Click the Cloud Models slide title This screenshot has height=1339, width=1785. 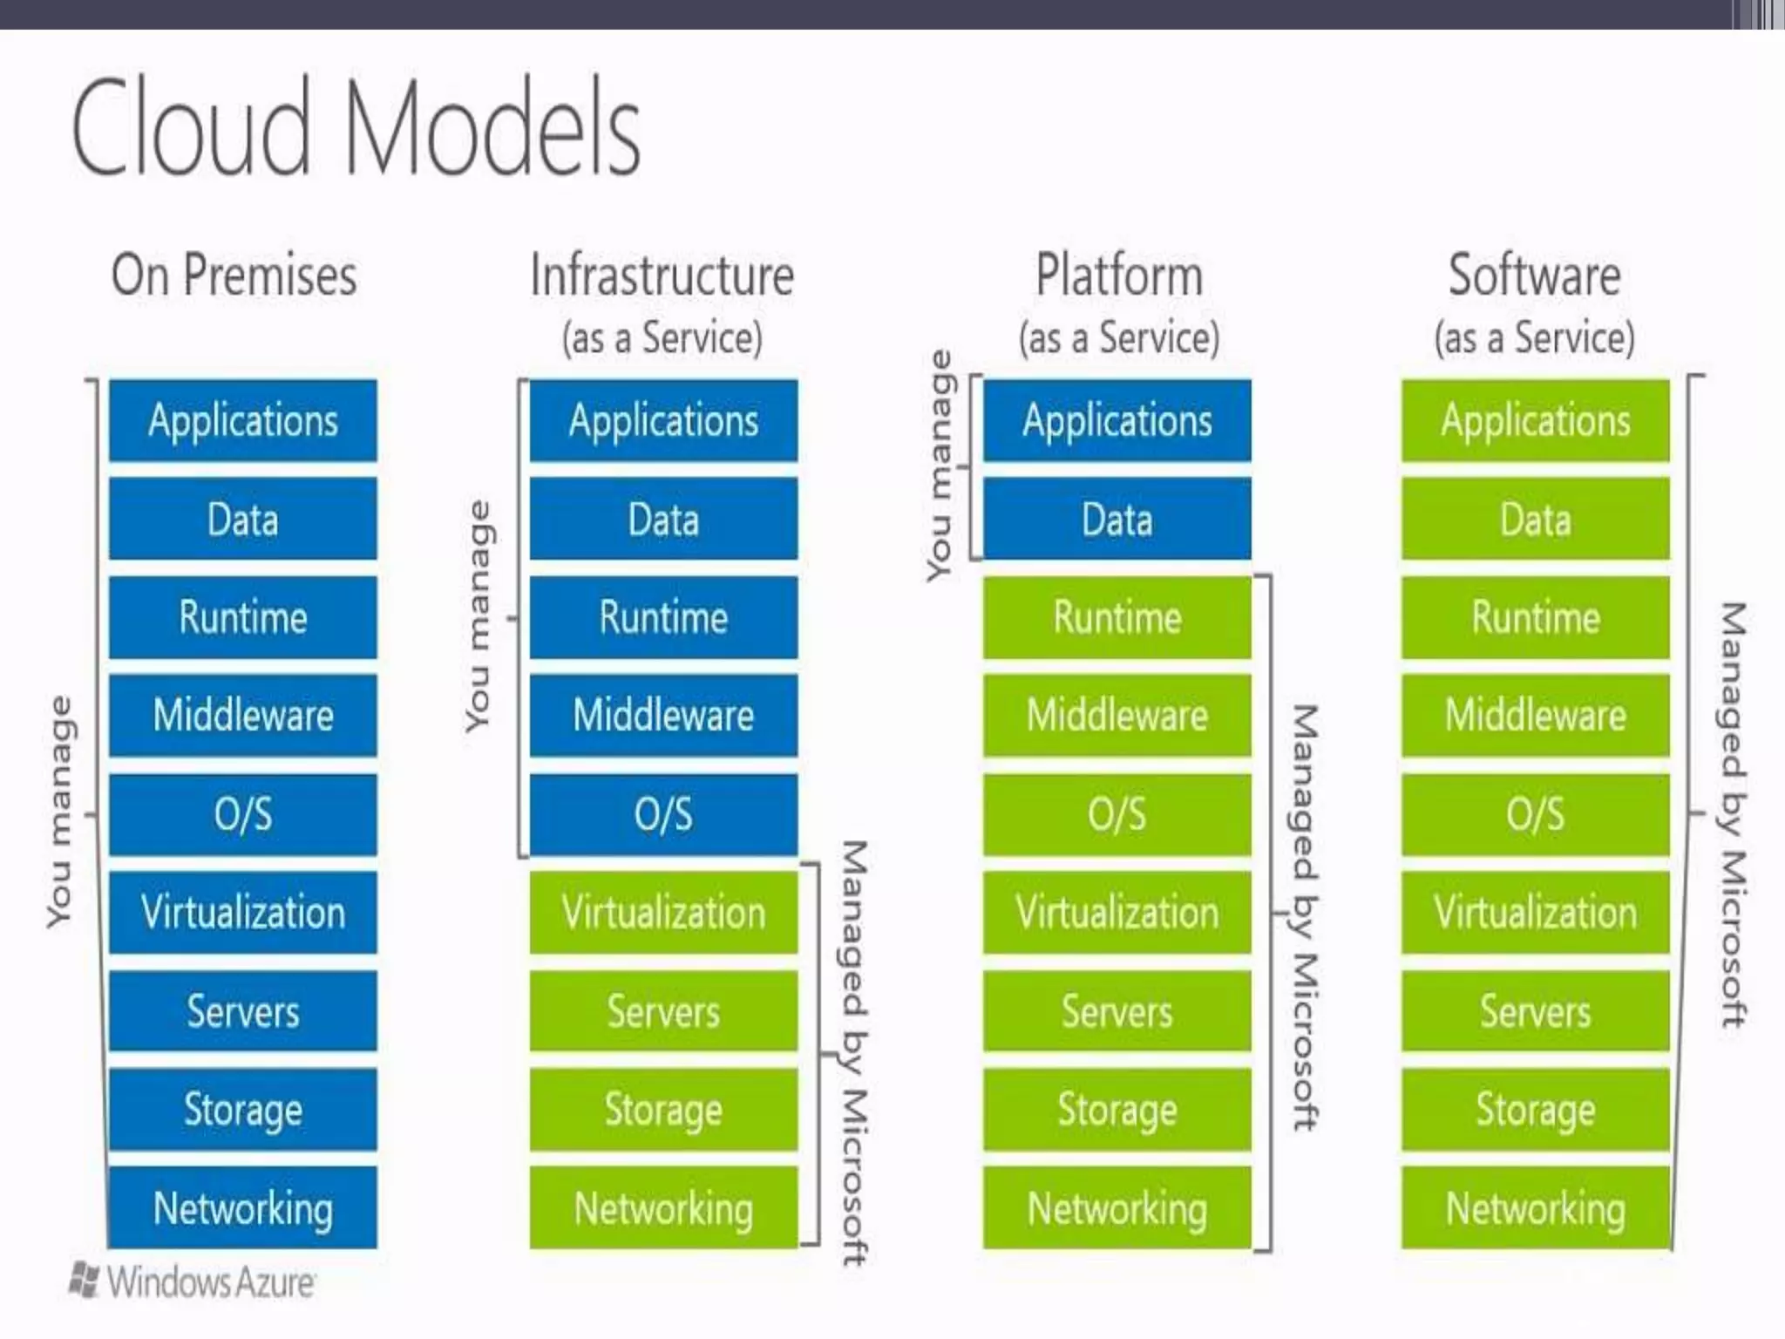[x=356, y=127]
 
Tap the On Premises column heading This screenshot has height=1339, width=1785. [x=234, y=275]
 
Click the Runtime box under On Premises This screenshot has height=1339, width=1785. [x=243, y=617]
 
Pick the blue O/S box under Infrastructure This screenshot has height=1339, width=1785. [x=663, y=814]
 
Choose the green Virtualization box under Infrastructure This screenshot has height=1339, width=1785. [x=663, y=912]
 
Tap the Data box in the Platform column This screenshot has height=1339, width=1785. [x=1117, y=519]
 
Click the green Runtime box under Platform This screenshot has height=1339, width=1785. [x=1117, y=617]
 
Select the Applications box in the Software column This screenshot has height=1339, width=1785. [x=1536, y=420]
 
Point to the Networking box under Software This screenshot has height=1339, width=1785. [x=1536, y=1208]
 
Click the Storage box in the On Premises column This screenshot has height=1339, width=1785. [x=243, y=1110]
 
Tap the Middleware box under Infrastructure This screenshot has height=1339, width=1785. [x=663, y=715]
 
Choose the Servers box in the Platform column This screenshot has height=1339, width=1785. [x=1117, y=1011]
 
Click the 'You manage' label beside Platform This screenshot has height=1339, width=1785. [x=940, y=466]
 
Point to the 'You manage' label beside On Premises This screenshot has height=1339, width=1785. [x=59, y=811]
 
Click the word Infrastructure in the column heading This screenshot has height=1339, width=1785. [x=662, y=275]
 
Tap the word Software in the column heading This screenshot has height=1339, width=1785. [x=1534, y=275]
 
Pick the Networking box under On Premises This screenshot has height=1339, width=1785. [x=243, y=1208]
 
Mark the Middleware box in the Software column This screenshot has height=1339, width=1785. [x=1536, y=715]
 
